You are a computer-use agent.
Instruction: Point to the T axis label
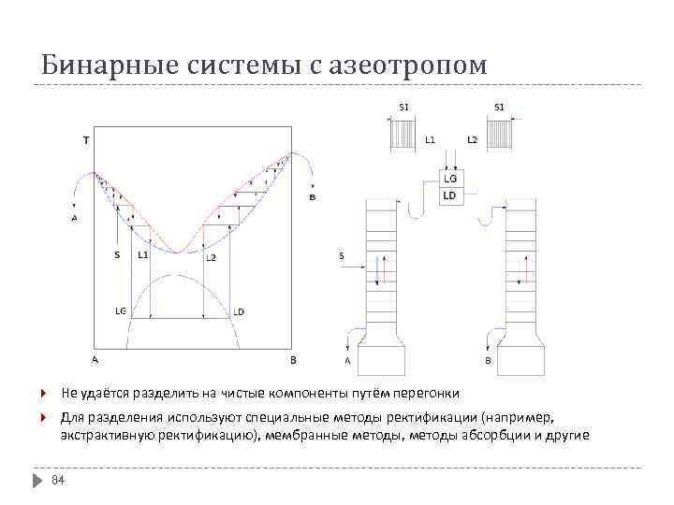(86, 141)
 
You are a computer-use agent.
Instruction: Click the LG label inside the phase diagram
(121, 310)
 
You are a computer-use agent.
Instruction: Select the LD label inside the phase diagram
(239, 311)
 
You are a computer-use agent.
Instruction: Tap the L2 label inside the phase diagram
(211, 257)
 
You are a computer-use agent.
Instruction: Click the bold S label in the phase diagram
(116, 254)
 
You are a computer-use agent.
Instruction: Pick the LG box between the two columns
(450, 178)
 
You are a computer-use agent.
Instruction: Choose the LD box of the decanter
(450, 195)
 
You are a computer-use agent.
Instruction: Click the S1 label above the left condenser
(404, 107)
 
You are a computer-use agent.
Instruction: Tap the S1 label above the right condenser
(499, 107)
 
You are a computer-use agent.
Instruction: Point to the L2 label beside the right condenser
(472, 139)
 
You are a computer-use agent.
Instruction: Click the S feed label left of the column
(342, 255)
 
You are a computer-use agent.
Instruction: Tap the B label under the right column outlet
(488, 360)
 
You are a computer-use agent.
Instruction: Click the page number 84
(57, 481)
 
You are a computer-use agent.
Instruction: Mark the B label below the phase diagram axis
(292, 359)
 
